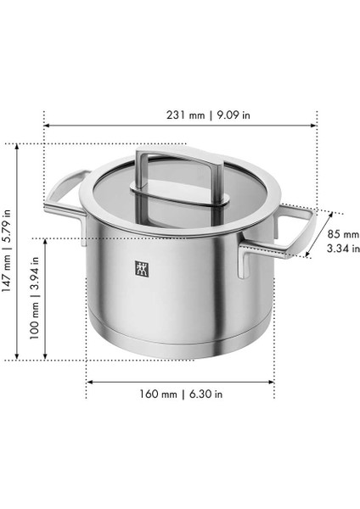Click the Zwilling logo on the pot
[142, 268]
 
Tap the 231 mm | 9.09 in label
[208, 115]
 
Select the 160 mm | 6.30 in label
[181, 394]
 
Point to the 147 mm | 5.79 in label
[7, 250]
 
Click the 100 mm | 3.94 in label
[35, 298]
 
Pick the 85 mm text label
[343, 234]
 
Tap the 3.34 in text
[343, 249]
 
